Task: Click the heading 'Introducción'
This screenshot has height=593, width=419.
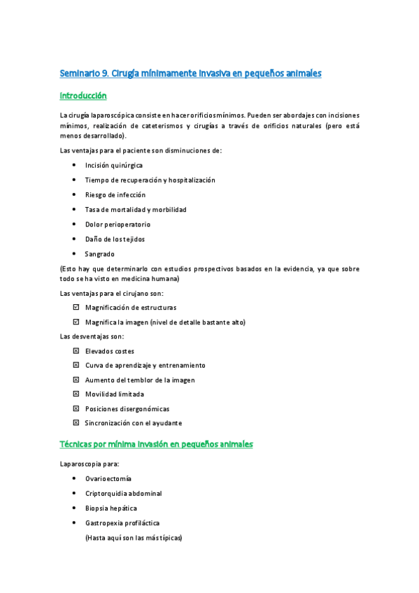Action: point(83,95)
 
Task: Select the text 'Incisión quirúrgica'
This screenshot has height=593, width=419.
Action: point(114,165)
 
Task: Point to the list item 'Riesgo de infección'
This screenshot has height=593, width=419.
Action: point(115,195)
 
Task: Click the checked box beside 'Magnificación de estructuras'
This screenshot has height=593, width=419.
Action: point(76,307)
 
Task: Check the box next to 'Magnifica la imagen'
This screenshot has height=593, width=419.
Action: point(76,322)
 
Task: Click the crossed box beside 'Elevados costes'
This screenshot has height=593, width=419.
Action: point(76,351)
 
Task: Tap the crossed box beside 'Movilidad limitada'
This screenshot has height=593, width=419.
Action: point(76,394)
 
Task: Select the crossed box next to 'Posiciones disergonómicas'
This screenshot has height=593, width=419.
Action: point(76,408)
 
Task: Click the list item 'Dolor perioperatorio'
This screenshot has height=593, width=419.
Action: point(118,224)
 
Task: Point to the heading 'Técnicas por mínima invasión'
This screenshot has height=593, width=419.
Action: point(156,444)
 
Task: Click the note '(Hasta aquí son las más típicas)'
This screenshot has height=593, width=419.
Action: point(133,538)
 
